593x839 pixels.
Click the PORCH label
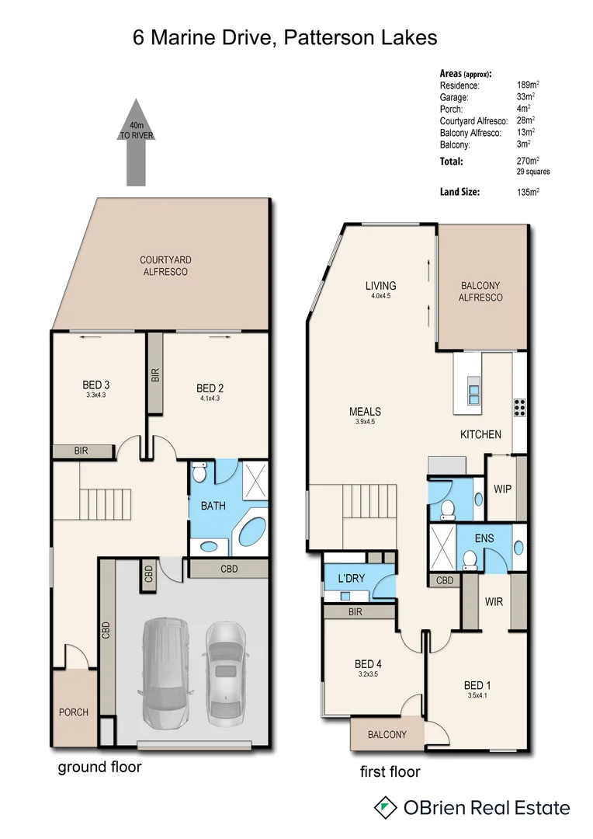pyautogui.click(x=75, y=712)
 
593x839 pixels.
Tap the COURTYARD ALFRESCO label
pyautogui.click(x=164, y=266)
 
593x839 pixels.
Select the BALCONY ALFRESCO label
pyautogui.click(x=480, y=291)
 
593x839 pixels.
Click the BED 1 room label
pyautogui.click(x=477, y=685)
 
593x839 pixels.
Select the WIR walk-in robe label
pyautogui.click(x=495, y=601)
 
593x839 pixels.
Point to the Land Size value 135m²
pyautogui.click(x=527, y=191)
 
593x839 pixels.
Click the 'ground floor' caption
pyautogui.click(x=100, y=767)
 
